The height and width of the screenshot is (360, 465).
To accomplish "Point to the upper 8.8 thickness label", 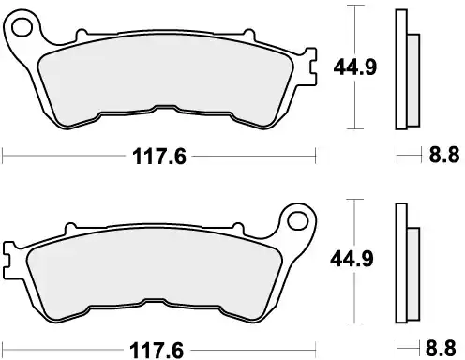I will pos(440,157).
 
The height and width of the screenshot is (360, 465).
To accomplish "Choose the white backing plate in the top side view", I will pos(402,67).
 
